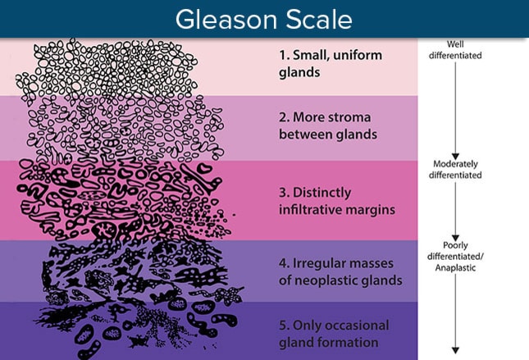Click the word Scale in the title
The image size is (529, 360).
(x=320, y=19)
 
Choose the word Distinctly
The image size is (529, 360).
(x=322, y=193)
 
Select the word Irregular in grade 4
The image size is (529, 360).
(x=317, y=263)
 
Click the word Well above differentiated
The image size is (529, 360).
(x=455, y=44)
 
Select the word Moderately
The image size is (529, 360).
(x=455, y=164)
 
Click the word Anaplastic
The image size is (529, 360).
(x=455, y=268)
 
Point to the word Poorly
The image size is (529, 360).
(x=455, y=246)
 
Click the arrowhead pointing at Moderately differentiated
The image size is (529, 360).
(x=455, y=156)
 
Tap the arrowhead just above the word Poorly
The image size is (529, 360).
(x=455, y=238)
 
